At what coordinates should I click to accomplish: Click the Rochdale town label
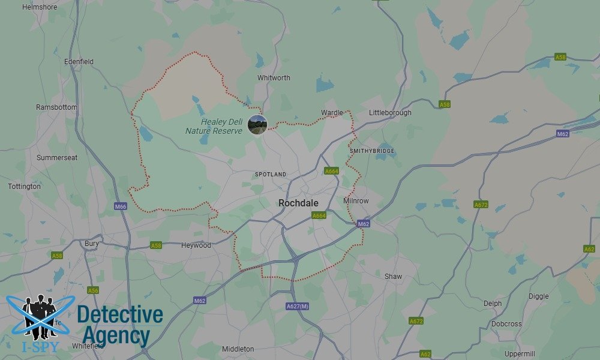(298, 203)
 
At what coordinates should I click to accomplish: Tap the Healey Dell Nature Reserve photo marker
(257, 125)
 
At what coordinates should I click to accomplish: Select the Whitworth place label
(274, 78)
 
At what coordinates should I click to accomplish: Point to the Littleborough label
(390, 112)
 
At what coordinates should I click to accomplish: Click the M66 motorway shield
(121, 206)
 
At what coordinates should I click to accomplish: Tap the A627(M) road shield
(298, 307)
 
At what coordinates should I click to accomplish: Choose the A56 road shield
(93, 290)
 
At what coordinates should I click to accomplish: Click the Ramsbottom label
(57, 107)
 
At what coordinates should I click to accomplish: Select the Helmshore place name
(39, 7)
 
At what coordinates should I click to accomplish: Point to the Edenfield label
(79, 61)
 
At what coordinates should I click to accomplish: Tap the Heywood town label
(196, 245)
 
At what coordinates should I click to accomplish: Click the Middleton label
(238, 349)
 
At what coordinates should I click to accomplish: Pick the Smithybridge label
(372, 151)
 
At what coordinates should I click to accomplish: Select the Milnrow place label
(356, 200)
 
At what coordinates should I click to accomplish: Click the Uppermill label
(520, 353)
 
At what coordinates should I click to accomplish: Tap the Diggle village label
(538, 296)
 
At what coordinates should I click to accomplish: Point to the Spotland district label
(271, 174)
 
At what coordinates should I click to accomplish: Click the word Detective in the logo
(120, 314)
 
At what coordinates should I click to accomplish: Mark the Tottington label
(25, 187)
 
